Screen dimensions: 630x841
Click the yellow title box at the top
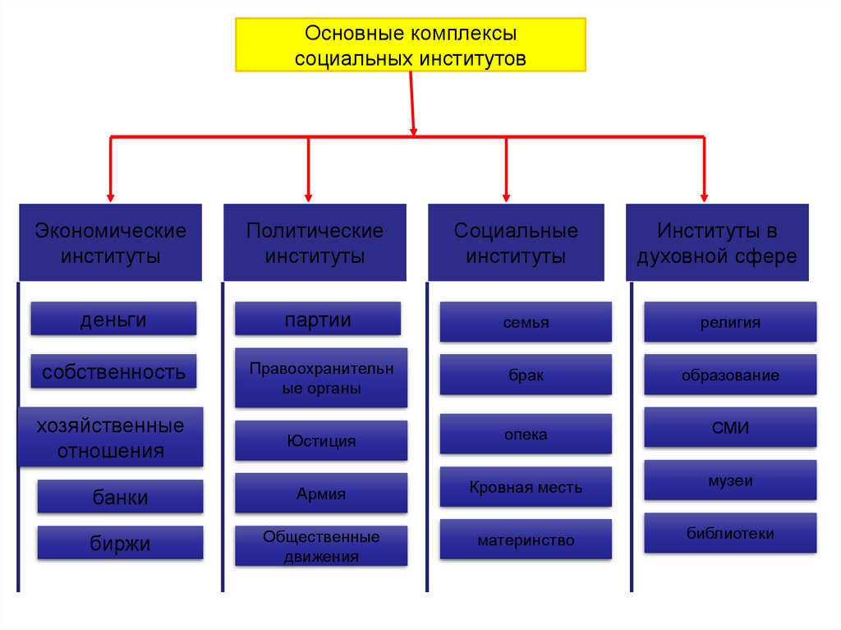tap(411, 45)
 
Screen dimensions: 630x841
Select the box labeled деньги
tap(113, 319)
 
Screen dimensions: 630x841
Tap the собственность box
tap(113, 371)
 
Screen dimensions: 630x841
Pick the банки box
tap(120, 496)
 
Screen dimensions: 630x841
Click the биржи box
tap(120, 542)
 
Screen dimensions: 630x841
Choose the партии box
tap(318, 319)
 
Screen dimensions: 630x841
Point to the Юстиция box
tap(321, 440)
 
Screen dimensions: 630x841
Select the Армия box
tap(321, 494)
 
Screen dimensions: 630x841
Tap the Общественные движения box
tap(321, 546)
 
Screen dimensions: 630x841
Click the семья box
tap(526, 322)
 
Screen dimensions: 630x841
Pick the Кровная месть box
tap(526, 486)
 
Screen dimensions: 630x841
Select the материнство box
tap(526, 540)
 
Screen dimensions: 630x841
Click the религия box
tap(730, 322)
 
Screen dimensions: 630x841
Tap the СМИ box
tap(730, 427)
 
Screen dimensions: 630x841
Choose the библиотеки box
tap(730, 533)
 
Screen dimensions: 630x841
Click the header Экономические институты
tap(111, 242)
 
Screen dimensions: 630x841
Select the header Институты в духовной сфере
tap(717, 242)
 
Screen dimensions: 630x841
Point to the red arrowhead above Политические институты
tap(308, 197)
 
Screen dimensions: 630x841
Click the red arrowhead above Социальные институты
tap(506, 197)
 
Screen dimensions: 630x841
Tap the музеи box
tap(730, 481)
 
